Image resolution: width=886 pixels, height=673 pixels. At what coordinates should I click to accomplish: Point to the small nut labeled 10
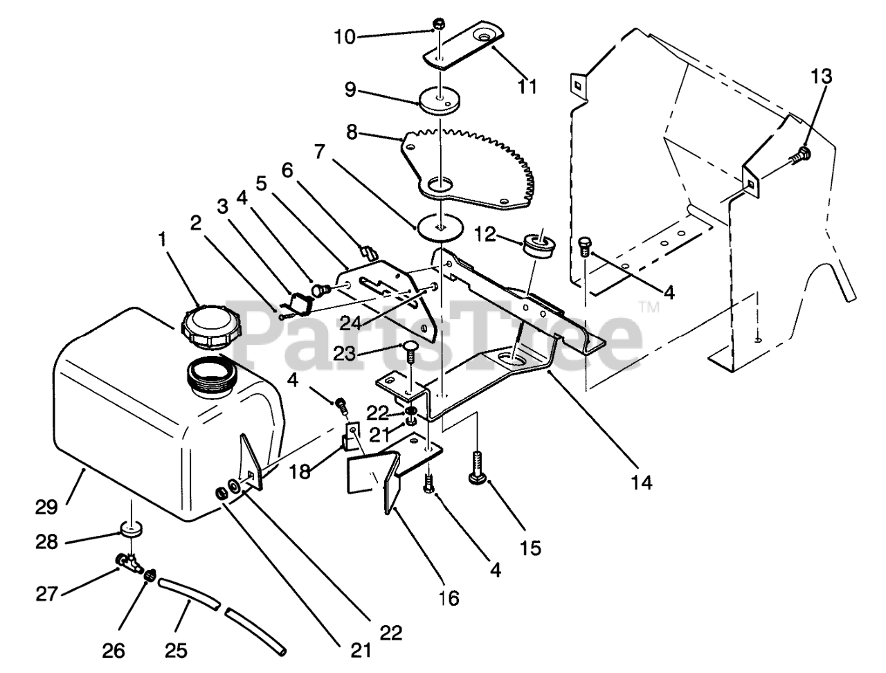(x=437, y=26)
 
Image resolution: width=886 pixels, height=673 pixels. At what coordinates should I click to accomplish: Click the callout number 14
(x=642, y=483)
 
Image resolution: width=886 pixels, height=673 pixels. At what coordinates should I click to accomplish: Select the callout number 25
(x=175, y=650)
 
